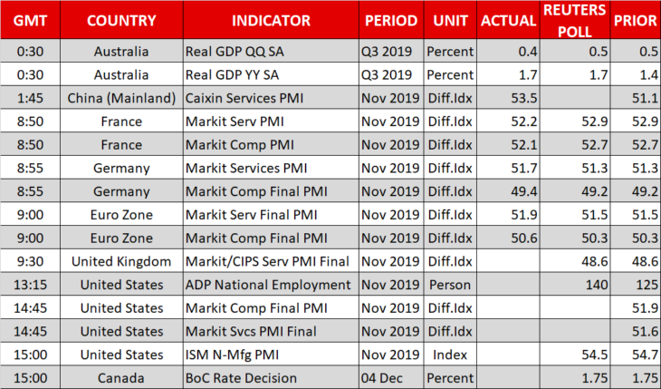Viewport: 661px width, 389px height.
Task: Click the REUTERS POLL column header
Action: (x=575, y=20)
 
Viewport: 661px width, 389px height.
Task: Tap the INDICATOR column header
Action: (x=271, y=20)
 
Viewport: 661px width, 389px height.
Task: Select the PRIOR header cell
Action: (x=636, y=20)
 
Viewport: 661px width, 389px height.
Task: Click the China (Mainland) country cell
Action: (x=121, y=98)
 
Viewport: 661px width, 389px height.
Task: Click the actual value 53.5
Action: (x=524, y=98)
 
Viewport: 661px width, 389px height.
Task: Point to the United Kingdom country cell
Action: (x=121, y=261)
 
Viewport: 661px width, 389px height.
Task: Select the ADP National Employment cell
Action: (x=268, y=285)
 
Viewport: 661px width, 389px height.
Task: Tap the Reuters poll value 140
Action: (x=597, y=285)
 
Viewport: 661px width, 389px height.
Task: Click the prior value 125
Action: (x=647, y=285)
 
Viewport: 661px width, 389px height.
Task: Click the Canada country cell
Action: (x=121, y=378)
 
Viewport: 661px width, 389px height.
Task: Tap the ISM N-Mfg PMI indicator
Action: (x=233, y=355)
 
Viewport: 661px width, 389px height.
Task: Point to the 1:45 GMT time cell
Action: (x=31, y=98)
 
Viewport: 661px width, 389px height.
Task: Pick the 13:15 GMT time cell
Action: (x=31, y=285)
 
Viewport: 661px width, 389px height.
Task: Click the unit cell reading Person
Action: (x=450, y=285)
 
